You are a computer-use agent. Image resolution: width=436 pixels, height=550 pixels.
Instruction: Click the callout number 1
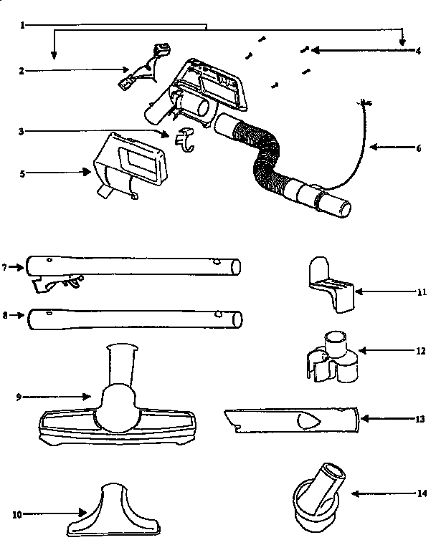(23, 25)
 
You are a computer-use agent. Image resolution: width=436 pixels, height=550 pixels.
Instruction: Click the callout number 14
(422, 493)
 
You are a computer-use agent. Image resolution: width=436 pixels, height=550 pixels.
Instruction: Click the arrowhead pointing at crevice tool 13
(364, 418)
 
